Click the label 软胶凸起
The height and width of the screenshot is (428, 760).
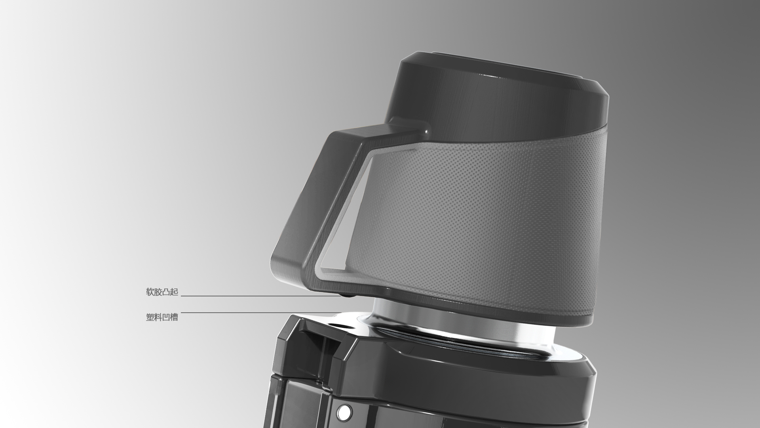pyautogui.click(x=162, y=292)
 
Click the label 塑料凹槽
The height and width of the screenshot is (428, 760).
pyautogui.click(x=162, y=317)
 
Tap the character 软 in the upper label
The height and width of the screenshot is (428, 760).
pyautogui.click(x=150, y=292)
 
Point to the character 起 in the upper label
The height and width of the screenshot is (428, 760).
pyautogui.click(x=174, y=292)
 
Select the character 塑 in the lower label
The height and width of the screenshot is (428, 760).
pyautogui.click(x=150, y=317)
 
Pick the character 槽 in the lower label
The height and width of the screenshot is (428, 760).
pyautogui.click(x=174, y=317)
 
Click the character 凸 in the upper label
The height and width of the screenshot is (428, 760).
pyautogui.click(x=166, y=292)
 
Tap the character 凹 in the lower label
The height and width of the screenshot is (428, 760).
pyautogui.click(x=166, y=317)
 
